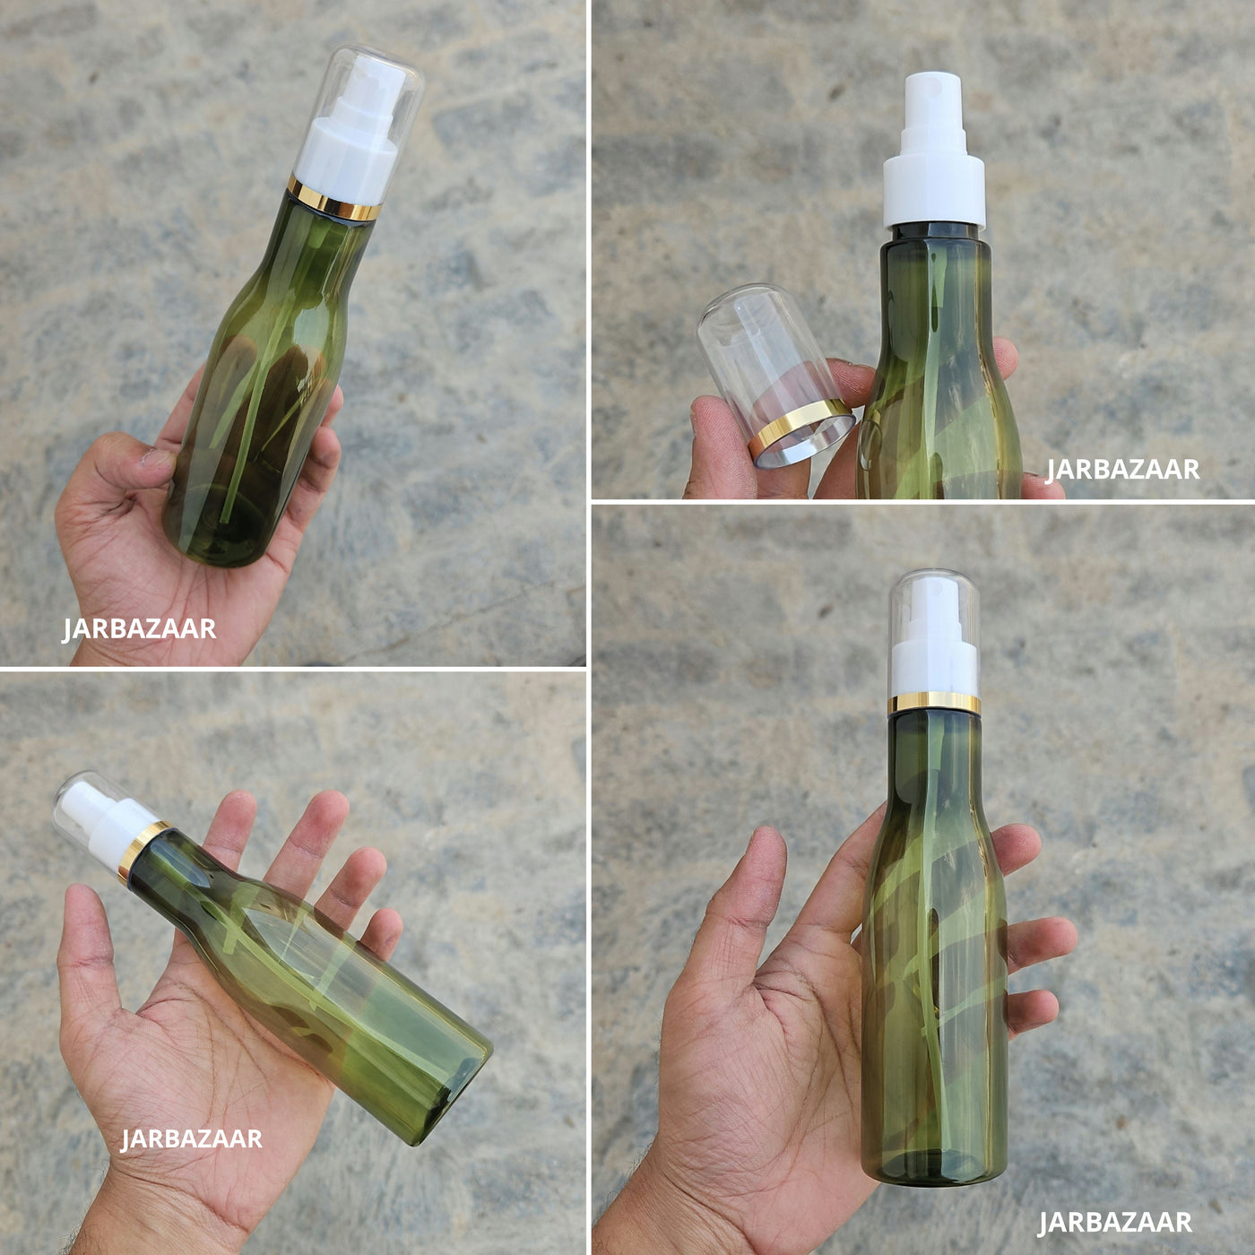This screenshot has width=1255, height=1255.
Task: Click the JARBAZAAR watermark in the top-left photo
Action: pyautogui.click(x=139, y=629)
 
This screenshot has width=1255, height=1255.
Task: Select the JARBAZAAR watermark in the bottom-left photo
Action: pyautogui.click(x=192, y=1138)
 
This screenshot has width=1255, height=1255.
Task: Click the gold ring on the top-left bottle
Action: pyautogui.click(x=334, y=198)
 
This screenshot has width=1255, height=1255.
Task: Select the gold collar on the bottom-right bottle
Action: pyautogui.click(x=935, y=703)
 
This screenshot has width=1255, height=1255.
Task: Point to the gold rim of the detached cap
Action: pyautogui.click(x=802, y=431)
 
